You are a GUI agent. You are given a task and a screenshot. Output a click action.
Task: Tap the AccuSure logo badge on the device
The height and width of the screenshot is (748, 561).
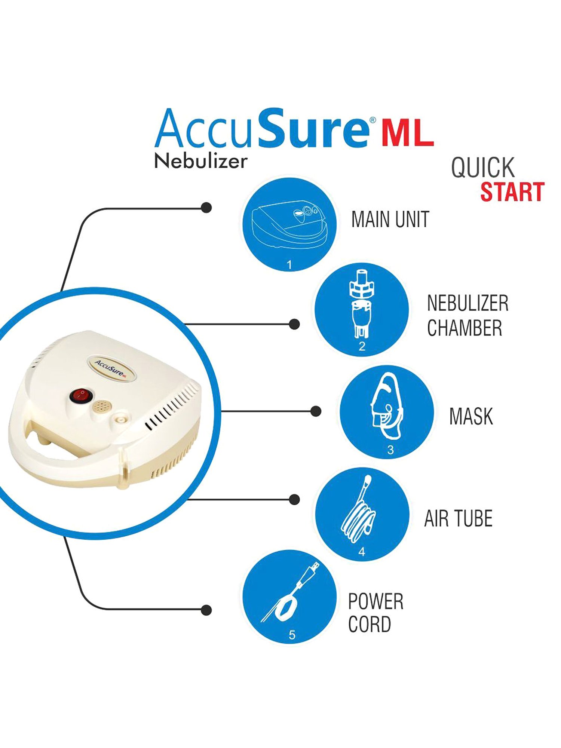pos(111,368)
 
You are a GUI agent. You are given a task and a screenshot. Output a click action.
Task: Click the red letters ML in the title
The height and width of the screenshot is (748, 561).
pos(408,134)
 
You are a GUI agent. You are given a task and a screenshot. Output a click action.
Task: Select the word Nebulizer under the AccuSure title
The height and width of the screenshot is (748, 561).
pos(201,161)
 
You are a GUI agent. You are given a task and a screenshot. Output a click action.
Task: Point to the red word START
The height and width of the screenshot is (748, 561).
pos(512,192)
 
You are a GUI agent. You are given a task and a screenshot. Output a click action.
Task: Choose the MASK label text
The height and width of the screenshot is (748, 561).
pos(471,416)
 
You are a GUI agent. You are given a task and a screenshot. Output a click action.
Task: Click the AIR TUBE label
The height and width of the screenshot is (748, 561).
pos(458,518)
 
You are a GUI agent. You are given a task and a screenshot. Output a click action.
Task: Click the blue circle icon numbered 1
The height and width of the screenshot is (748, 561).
pos(289,224)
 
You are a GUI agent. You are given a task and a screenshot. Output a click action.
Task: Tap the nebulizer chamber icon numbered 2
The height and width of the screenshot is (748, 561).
pos(361,309)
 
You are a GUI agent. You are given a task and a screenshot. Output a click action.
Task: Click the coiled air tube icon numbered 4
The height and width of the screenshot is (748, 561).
pos(362,514)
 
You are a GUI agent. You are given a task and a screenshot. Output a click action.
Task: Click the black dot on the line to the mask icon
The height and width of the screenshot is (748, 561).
pos(316,411)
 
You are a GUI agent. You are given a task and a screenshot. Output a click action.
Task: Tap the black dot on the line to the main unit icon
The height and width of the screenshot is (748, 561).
pos(206,208)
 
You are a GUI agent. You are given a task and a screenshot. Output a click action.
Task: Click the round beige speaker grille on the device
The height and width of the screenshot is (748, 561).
pos(101,406)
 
